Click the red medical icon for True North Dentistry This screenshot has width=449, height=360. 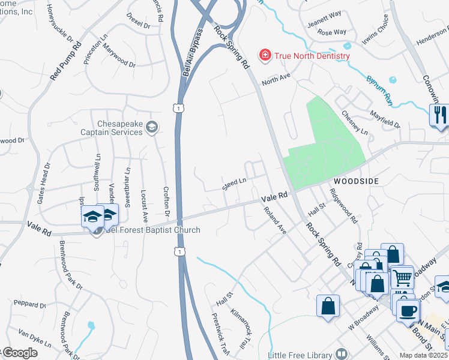(264, 56)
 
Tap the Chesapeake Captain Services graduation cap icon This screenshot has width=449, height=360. (152, 127)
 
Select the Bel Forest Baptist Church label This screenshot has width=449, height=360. (152, 230)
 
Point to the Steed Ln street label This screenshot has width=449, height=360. (235, 184)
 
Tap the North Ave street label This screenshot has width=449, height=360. (276, 77)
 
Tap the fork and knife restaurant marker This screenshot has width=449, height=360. (439, 115)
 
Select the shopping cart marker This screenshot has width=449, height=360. (403, 277)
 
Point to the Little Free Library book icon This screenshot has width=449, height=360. (342, 354)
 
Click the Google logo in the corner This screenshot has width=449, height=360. (20, 353)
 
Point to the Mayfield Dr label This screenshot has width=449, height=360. (385, 119)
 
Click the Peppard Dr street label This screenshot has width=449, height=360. (25, 304)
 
